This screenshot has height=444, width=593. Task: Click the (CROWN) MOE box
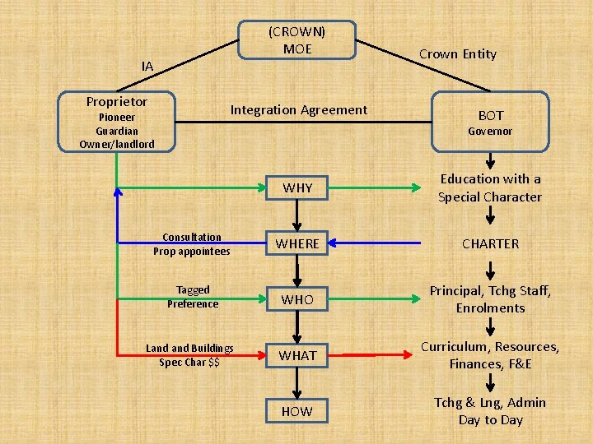pyautogui.click(x=296, y=40)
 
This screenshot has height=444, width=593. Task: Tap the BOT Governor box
pyautogui.click(x=490, y=122)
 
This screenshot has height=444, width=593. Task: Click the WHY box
pyautogui.click(x=297, y=188)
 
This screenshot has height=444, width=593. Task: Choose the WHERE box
pyautogui.click(x=297, y=244)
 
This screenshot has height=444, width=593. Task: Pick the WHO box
pyautogui.click(x=297, y=299)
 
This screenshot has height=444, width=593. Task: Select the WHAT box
pyautogui.click(x=297, y=355)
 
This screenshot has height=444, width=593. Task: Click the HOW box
pyautogui.click(x=297, y=410)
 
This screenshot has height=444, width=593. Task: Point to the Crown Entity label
pyautogui.click(x=458, y=54)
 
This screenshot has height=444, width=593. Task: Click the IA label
pyautogui.click(x=147, y=66)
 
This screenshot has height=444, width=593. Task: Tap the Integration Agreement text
pyautogui.click(x=298, y=110)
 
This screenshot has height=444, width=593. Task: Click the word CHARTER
pyautogui.click(x=490, y=244)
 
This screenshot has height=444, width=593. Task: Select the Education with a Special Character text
pyautogui.click(x=490, y=187)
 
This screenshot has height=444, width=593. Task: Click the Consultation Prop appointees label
pyautogui.click(x=192, y=244)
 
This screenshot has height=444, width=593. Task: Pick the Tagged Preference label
pyautogui.click(x=193, y=297)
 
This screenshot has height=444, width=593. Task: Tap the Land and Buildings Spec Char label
pyautogui.click(x=189, y=355)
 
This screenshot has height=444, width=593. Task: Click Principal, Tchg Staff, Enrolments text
pyautogui.click(x=490, y=299)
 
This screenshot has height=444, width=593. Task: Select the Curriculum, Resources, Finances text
pyautogui.click(x=490, y=355)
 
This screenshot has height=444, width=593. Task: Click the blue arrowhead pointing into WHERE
pyautogui.click(x=335, y=244)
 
